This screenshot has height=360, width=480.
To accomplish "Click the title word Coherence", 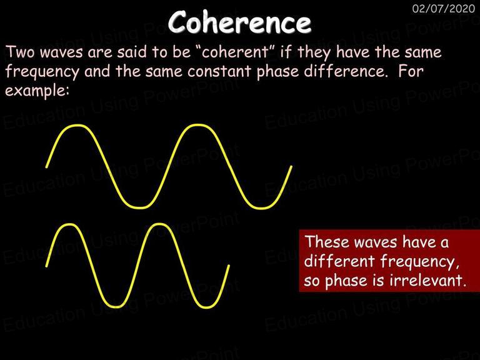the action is [x=240, y=22].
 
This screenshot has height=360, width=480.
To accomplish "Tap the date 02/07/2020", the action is [x=444, y=8].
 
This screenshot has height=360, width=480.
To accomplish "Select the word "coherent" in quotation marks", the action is [x=235, y=52].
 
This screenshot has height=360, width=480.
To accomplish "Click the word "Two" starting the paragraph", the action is [x=21, y=52].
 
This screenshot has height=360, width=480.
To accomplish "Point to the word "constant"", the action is [x=220, y=71].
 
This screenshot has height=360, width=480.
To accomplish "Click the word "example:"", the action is [x=37, y=91].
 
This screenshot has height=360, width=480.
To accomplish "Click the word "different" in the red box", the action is [x=339, y=261].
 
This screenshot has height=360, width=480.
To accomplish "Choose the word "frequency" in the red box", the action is [x=419, y=262].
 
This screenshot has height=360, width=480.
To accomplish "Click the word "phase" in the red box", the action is [x=346, y=281].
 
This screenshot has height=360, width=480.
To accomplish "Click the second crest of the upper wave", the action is [x=197, y=125].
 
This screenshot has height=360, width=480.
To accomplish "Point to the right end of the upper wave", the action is [x=291, y=167].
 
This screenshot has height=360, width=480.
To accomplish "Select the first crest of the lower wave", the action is [x=69, y=225].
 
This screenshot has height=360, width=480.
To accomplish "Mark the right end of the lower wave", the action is [x=228, y=266].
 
